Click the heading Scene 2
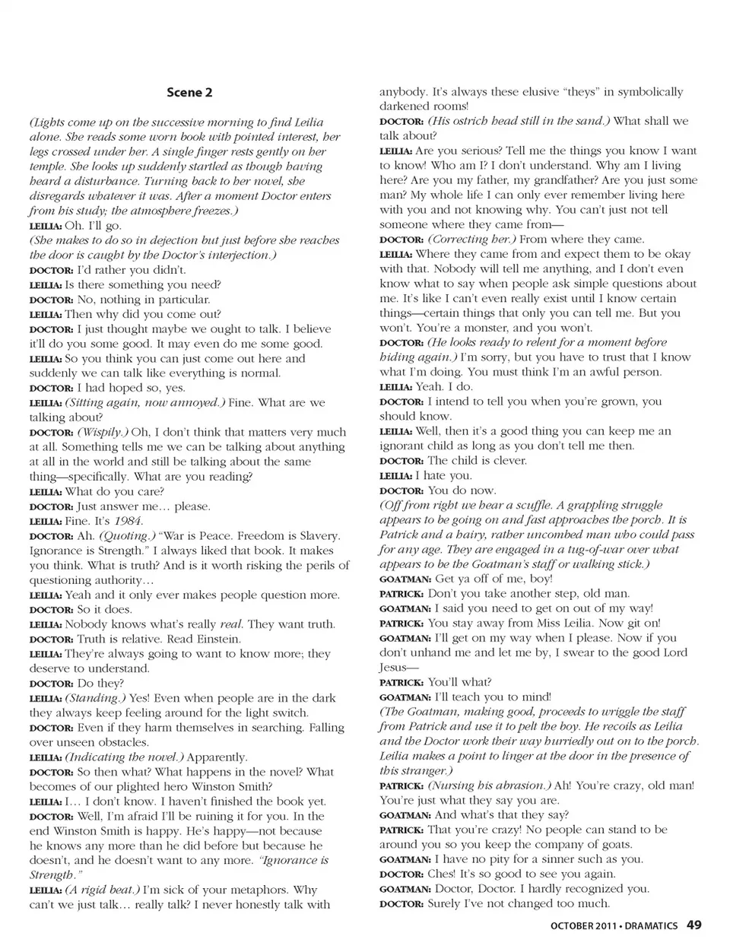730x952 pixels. [189, 93]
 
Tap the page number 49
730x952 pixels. [693, 925]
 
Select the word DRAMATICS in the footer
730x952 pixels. [652, 926]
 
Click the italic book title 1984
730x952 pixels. [128, 521]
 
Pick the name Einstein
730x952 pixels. [218, 639]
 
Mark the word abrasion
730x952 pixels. [521, 785]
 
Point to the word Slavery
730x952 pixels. [317, 536]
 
